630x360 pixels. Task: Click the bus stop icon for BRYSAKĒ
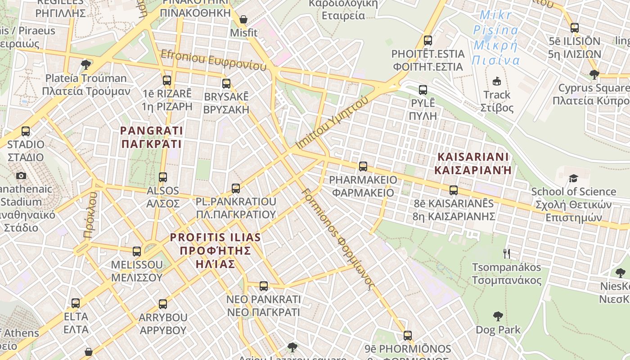[x=226, y=84]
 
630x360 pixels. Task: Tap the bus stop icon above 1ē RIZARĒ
[x=167, y=81]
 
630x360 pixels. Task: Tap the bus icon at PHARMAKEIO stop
[x=363, y=166]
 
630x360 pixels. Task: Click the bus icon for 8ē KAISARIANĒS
[x=454, y=190]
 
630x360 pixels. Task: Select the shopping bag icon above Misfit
[x=243, y=19]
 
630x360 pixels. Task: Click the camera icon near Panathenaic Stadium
[x=21, y=175]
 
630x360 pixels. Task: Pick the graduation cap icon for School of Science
[x=573, y=179]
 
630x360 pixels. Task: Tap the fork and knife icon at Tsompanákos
[x=507, y=254]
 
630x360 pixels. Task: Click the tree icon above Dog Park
[x=498, y=316]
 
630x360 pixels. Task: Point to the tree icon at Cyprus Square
[x=594, y=74]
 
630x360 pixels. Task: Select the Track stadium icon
[x=497, y=81]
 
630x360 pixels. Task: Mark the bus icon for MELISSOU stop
[x=137, y=252]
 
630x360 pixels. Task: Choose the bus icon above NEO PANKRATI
[x=264, y=286]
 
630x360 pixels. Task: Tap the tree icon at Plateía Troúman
[x=86, y=65]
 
